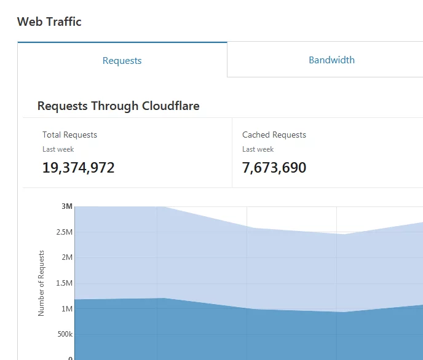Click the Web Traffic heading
coord(49,22)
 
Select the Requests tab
coord(122,60)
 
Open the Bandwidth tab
coord(331,60)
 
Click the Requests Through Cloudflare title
coord(118,106)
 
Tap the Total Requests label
coord(69,135)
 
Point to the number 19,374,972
coord(78,168)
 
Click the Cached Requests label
coord(274,135)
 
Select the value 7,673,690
coord(274,168)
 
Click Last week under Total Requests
coord(58,149)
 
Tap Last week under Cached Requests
coord(258,149)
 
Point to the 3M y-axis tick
coord(67,206)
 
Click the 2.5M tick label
coord(63,232)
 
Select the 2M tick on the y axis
coord(66,257)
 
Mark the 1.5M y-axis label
coord(63,283)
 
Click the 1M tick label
coord(66,309)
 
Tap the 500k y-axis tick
coord(64,335)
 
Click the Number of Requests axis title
coord(41,283)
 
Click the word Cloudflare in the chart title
coord(170,106)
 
